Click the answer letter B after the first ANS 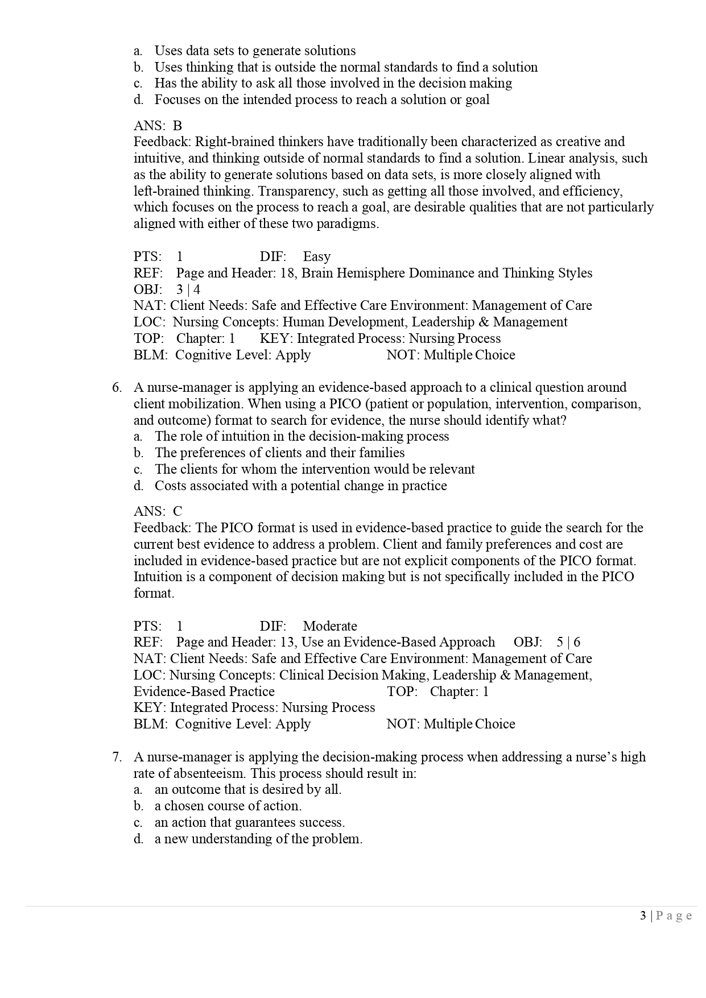[x=177, y=126]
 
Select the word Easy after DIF [x=316, y=256]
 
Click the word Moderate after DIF [x=330, y=626]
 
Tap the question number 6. [x=117, y=388]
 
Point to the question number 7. [x=117, y=757]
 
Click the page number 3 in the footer [x=643, y=916]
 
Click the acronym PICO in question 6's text [x=343, y=404]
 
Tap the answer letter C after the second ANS [x=177, y=511]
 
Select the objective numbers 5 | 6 [x=568, y=643]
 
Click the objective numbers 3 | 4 [x=188, y=289]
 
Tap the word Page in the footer [x=674, y=916]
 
